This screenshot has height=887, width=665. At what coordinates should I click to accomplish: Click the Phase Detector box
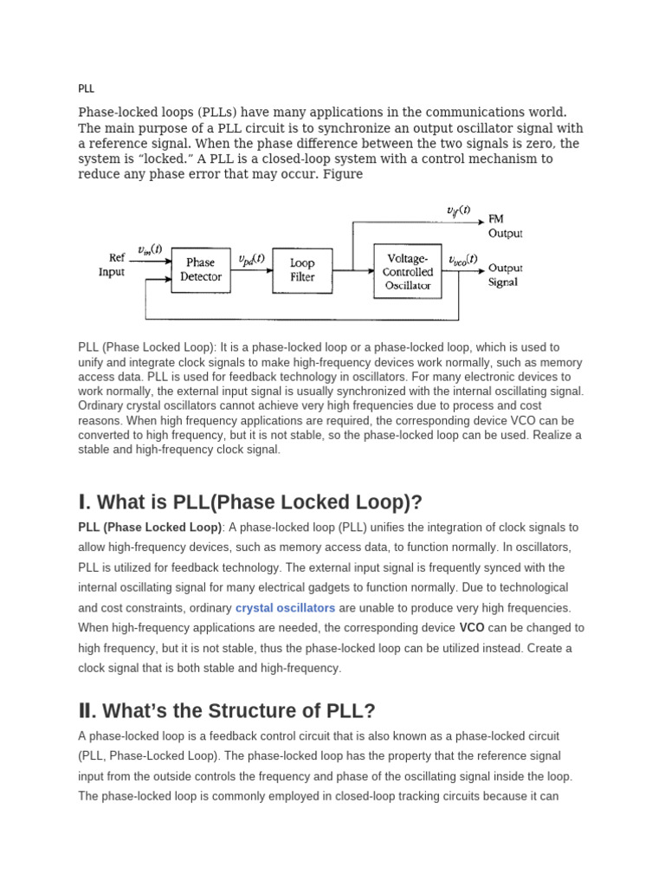click(201, 269)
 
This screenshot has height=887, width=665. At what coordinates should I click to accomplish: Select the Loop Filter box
click(302, 269)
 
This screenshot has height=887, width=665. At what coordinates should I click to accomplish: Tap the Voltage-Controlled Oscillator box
click(407, 271)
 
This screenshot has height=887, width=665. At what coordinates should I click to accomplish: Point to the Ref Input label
click(112, 264)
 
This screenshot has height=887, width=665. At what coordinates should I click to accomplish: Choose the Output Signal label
click(505, 275)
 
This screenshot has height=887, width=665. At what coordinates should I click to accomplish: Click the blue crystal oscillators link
click(285, 608)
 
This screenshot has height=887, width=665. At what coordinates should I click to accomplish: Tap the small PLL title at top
click(86, 88)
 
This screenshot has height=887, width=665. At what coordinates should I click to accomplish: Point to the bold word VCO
click(472, 628)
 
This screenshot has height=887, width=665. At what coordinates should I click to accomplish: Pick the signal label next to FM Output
click(458, 210)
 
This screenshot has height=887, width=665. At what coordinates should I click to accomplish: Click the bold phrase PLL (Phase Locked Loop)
click(150, 528)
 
